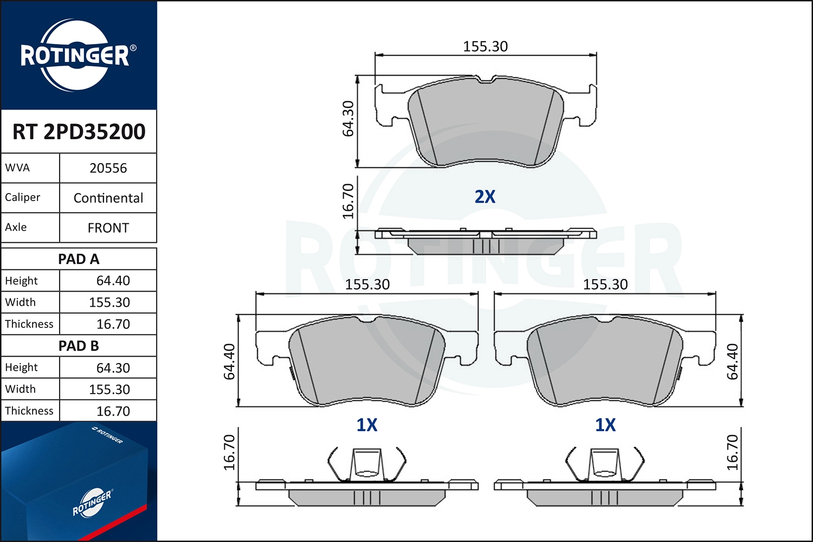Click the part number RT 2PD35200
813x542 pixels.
coord(79,131)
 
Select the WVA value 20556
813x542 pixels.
coord(108,168)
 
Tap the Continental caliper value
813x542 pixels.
coord(108,198)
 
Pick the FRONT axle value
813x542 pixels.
coord(108,228)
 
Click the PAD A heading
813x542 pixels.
coord(79,259)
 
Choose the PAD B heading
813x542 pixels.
coord(79,346)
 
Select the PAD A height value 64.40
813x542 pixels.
coord(113,281)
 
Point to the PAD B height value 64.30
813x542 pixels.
coord(113,367)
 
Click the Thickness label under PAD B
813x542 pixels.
coord(29,411)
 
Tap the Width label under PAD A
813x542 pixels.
coord(21,302)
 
